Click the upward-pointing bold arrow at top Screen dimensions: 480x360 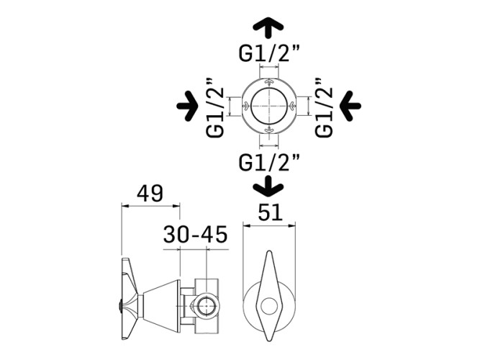[268, 27]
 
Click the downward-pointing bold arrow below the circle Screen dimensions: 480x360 [268, 186]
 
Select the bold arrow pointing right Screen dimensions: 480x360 [187, 106]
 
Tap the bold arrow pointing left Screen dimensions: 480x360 [350, 106]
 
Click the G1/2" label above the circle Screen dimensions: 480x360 [269, 53]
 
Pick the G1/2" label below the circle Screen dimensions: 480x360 [269, 162]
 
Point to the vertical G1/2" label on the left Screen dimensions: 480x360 [215, 107]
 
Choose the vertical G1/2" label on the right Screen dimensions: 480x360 [324, 107]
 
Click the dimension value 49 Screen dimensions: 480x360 [150, 194]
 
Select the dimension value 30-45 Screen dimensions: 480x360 [195, 235]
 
